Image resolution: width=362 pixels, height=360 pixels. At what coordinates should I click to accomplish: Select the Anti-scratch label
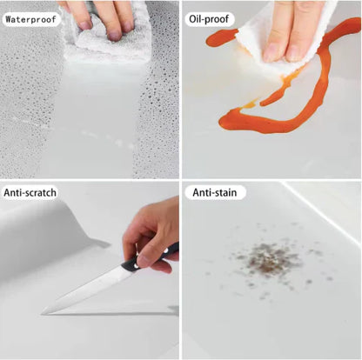(x=31, y=191)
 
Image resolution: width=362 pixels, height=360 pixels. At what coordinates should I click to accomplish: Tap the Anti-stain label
(x=218, y=191)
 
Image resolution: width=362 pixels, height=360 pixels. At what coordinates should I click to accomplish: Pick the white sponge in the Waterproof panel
(x=104, y=39)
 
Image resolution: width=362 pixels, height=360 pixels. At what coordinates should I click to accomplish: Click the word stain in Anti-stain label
(x=226, y=191)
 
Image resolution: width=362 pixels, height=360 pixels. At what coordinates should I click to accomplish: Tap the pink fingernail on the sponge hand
(x=114, y=36)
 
